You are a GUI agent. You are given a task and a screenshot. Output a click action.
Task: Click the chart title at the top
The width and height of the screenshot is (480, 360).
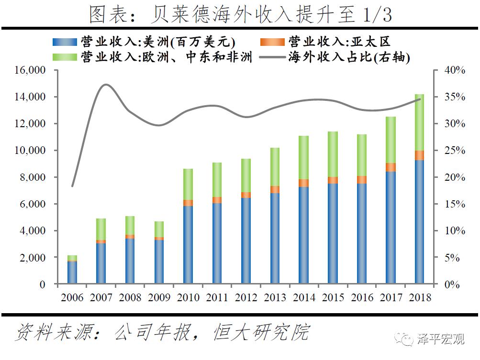240,14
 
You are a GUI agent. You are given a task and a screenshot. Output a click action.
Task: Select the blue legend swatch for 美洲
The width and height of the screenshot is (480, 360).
65,42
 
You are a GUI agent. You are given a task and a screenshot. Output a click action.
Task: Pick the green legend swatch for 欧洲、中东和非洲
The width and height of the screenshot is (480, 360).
65,57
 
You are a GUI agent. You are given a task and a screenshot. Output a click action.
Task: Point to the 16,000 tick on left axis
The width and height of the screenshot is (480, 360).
31,70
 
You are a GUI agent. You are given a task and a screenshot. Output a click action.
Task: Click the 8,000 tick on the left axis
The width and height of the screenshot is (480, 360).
33,177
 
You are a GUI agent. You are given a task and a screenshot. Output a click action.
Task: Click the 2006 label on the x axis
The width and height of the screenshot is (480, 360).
72,297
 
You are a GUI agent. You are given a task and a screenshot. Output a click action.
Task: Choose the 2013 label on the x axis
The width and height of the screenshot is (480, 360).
275,297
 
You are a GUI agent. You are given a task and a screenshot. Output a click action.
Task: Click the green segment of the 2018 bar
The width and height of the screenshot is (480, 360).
420,122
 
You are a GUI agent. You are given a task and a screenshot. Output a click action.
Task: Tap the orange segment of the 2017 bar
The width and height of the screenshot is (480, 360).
391,167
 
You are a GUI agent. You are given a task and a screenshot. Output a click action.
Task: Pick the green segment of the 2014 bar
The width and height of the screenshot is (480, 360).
304,157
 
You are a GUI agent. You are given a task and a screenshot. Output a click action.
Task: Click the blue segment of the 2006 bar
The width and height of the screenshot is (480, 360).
72,273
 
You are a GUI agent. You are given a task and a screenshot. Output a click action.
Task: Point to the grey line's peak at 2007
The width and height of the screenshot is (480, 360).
106,85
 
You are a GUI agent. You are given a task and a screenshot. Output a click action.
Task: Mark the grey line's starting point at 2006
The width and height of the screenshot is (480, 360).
72,186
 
